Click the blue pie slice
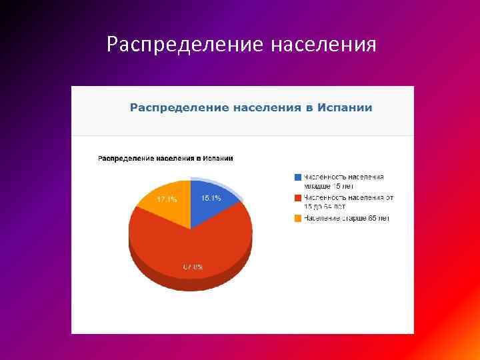(x=212, y=203)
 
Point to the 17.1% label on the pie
(x=167, y=199)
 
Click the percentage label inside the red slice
(x=193, y=267)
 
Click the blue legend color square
(x=297, y=177)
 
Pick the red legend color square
(x=297, y=197)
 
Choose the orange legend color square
(x=297, y=218)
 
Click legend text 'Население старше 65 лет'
(x=346, y=218)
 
